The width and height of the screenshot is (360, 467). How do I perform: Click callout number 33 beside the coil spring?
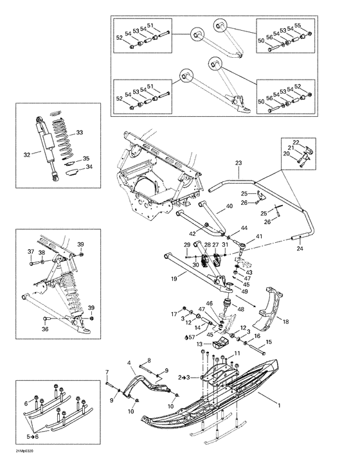(x=80, y=133)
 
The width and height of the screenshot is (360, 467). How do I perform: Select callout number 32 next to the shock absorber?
(x=27, y=154)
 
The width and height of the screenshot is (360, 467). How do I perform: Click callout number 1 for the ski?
(x=278, y=405)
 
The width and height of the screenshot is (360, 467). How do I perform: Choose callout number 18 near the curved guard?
(x=285, y=321)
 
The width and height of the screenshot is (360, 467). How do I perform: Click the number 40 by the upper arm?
(x=230, y=207)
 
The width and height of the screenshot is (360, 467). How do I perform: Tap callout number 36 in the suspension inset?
(x=44, y=329)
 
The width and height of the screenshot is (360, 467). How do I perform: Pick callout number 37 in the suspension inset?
(x=30, y=251)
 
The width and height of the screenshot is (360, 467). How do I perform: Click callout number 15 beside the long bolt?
(x=269, y=342)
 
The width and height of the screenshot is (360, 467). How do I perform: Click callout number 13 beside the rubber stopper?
(x=199, y=345)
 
